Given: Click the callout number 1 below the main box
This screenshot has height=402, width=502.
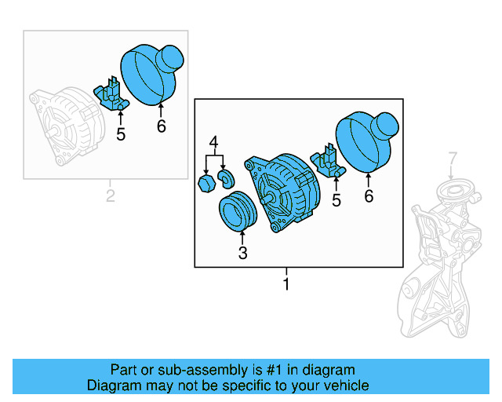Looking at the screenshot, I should tap(286, 283).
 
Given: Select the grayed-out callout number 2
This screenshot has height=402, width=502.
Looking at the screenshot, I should tap(111, 195).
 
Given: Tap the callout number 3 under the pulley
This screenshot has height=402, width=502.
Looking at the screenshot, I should tap(242, 253).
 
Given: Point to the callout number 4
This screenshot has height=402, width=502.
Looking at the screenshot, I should tap(213, 143).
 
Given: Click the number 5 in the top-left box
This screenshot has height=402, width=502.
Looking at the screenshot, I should tap(121, 134).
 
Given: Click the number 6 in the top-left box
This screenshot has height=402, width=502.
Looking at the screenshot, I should tap(161, 126).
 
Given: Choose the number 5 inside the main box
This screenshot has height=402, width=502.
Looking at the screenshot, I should tap(336, 201).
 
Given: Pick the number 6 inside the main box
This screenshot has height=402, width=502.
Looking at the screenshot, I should tap(369, 196).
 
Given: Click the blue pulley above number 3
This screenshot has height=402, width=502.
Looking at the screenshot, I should tap(235, 212).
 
